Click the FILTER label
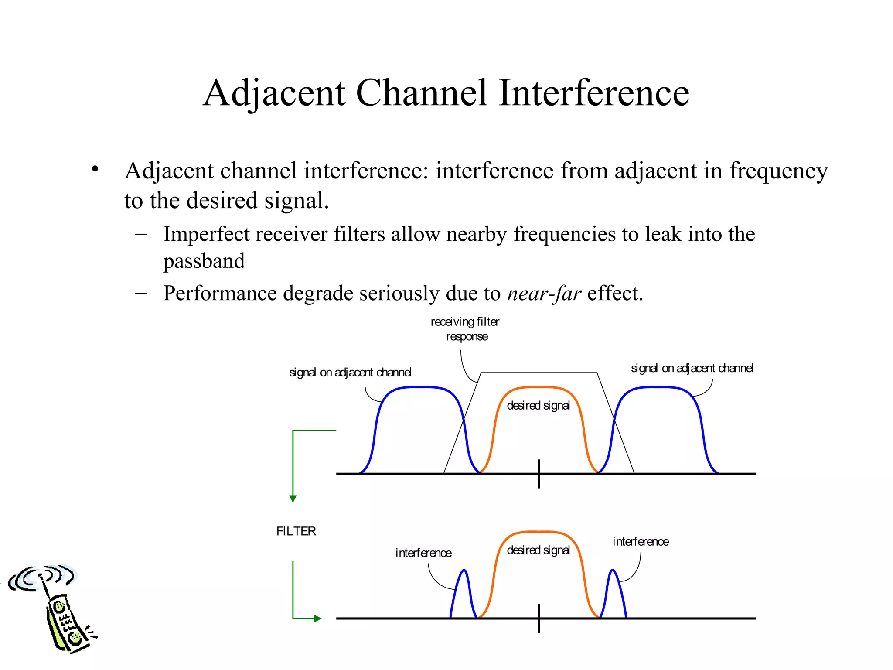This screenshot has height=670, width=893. [296, 531]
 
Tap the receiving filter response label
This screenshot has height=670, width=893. [465, 329]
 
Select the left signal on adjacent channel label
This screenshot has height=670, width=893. [350, 373]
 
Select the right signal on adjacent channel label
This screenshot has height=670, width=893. [692, 368]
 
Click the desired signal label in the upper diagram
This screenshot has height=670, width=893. [539, 406]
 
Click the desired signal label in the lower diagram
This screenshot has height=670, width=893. [539, 550]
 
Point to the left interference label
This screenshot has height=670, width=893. [423, 553]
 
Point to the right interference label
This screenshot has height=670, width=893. [641, 542]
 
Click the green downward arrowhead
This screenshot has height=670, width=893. [293, 499]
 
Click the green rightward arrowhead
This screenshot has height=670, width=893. [318, 618]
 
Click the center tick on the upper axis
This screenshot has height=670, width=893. [539, 474]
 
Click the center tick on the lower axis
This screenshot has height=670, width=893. [539, 618]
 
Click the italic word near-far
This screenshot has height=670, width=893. [544, 293]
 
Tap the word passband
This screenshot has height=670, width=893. [204, 261]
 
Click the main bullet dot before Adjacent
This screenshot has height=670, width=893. [95, 169]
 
